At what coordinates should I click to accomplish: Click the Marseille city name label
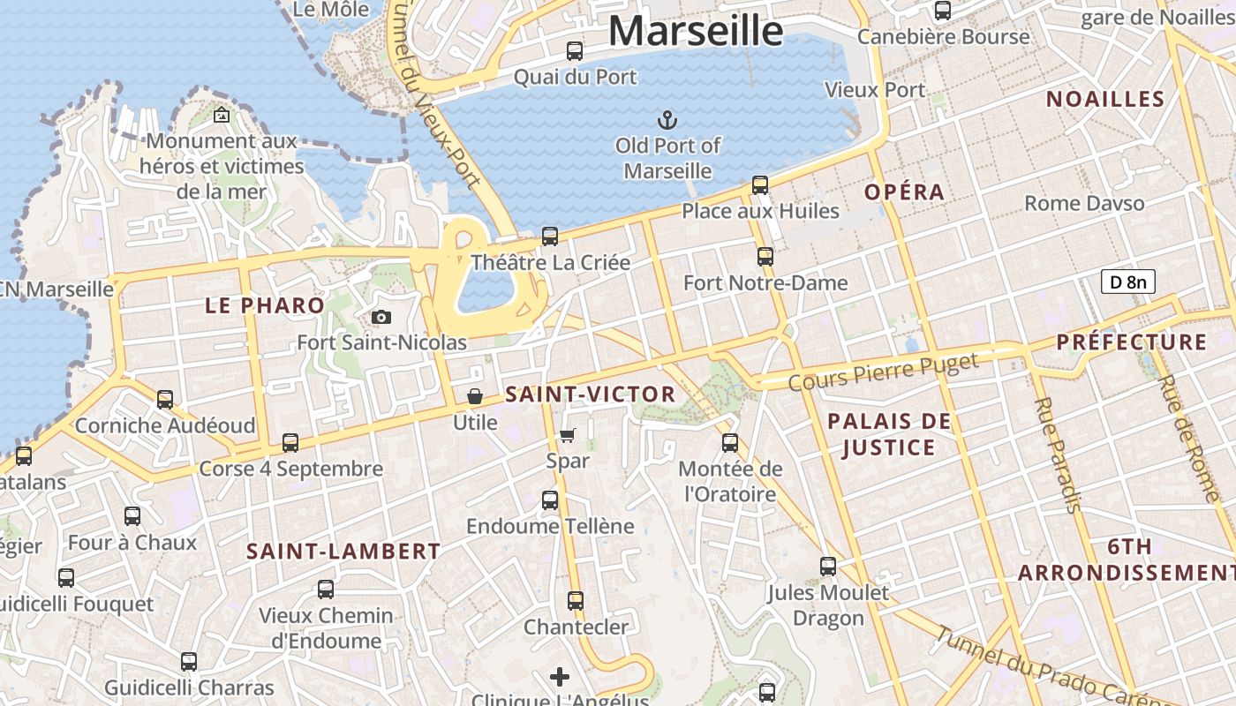pyautogui.click(x=695, y=31)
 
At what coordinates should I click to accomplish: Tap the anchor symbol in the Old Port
pyautogui.click(x=668, y=119)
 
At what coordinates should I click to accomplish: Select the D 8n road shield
pyautogui.click(x=1127, y=282)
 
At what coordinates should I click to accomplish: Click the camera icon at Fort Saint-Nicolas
pyautogui.click(x=381, y=318)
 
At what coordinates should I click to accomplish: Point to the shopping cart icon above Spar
pyautogui.click(x=568, y=435)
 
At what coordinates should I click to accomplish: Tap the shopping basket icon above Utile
pyautogui.click(x=475, y=396)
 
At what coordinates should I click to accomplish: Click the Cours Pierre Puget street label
pyautogui.click(x=883, y=372)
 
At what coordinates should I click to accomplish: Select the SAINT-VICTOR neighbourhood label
pyautogui.click(x=591, y=394)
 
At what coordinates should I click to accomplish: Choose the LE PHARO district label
pyautogui.click(x=265, y=306)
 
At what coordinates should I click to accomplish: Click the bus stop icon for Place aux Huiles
pyautogui.click(x=760, y=185)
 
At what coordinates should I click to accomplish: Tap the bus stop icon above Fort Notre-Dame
pyautogui.click(x=765, y=257)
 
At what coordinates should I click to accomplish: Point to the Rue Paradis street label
pyautogui.click(x=1057, y=454)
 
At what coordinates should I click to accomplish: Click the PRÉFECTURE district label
pyautogui.click(x=1131, y=342)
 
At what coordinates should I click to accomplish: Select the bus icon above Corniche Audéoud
pyautogui.click(x=165, y=400)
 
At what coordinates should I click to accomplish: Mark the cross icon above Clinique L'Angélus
pyautogui.click(x=560, y=677)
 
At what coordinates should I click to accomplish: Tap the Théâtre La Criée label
pyautogui.click(x=551, y=263)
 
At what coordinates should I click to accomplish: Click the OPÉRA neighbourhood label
pyautogui.click(x=904, y=192)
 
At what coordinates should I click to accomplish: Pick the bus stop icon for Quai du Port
pyautogui.click(x=575, y=51)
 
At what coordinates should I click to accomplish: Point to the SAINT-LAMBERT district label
pyautogui.click(x=343, y=552)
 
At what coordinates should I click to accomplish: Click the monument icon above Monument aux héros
pyautogui.click(x=222, y=115)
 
